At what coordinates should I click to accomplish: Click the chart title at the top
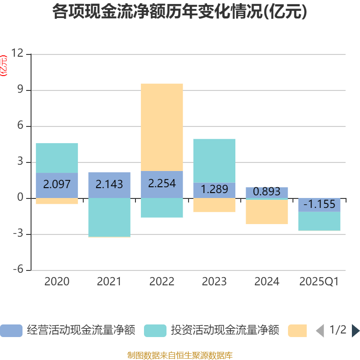pyautogui.click(x=180, y=12)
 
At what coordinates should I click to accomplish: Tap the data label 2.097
pyautogui.click(x=57, y=184)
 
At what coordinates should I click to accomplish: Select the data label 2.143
pyautogui.click(x=109, y=184)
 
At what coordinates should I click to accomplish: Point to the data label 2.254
pyautogui.click(x=162, y=184)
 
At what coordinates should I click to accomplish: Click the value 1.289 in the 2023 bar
pyautogui.click(x=214, y=189)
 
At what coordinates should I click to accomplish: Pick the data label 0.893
pyautogui.click(x=267, y=192)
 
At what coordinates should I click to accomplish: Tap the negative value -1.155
pyautogui.click(x=319, y=204)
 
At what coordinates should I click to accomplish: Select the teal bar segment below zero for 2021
pyautogui.click(x=109, y=217)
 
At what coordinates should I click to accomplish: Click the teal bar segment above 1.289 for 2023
pyautogui.click(x=214, y=160)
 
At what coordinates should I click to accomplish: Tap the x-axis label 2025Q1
pyautogui.click(x=319, y=282)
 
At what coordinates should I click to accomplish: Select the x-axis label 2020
pyautogui.click(x=57, y=282)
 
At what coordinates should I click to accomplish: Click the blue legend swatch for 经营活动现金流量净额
pyautogui.click(x=11, y=331)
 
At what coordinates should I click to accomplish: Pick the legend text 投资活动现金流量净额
pyautogui.click(x=225, y=331)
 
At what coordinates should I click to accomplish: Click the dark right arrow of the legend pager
pyautogui.click(x=355, y=331)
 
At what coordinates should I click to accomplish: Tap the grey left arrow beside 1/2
pyautogui.click(x=319, y=331)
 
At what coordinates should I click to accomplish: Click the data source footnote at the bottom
pyautogui.click(x=180, y=355)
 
